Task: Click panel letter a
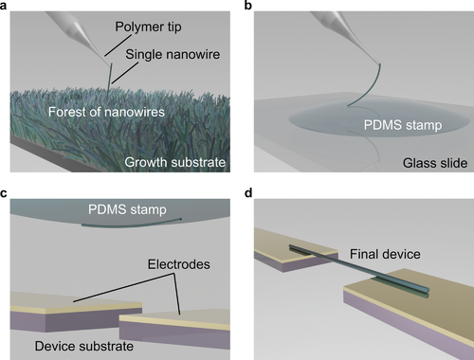(7, 7)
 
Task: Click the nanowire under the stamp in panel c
(123, 225)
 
